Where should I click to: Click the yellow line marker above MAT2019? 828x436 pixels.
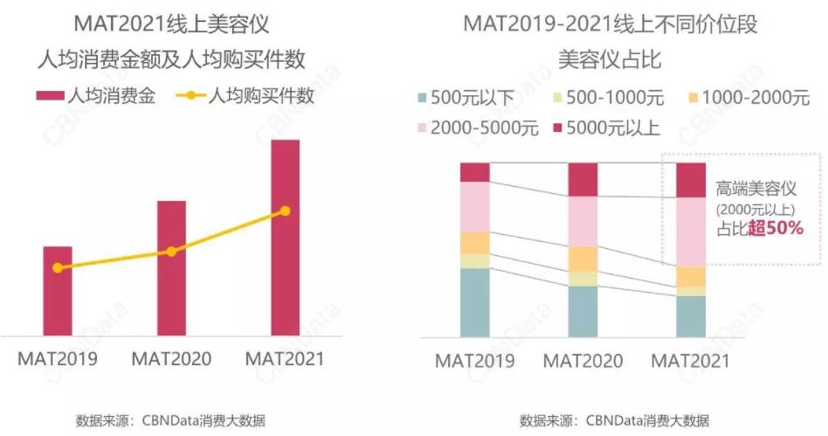pyautogui.click(x=58, y=268)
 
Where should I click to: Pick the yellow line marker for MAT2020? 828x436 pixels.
pyautogui.click(x=171, y=252)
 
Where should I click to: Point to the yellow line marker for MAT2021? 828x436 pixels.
pyautogui.click(x=285, y=211)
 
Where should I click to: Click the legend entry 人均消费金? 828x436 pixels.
pyautogui.click(x=96, y=96)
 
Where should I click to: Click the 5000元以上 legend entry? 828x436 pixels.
pyautogui.click(x=606, y=128)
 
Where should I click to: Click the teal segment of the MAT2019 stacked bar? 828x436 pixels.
pyautogui.click(x=475, y=302)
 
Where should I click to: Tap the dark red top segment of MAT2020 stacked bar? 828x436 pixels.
pyautogui.click(x=583, y=179)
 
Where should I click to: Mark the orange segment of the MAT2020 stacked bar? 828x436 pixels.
pyautogui.click(x=583, y=259)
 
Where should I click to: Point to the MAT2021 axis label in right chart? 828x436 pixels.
pyautogui.click(x=691, y=361)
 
